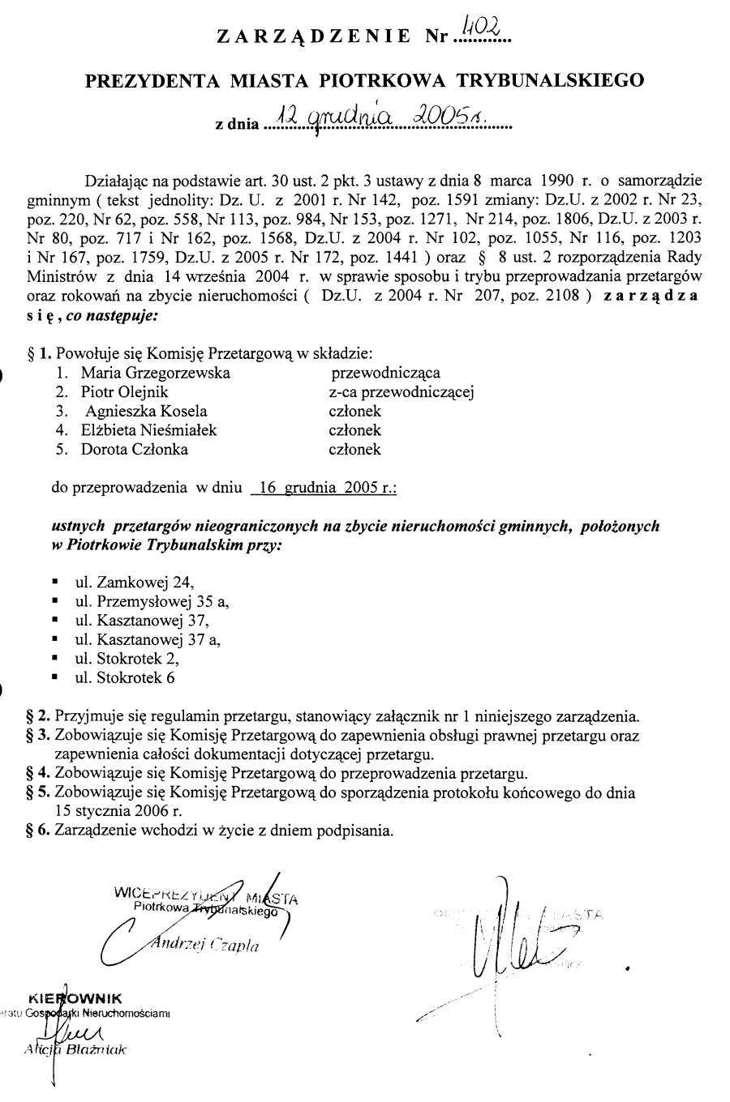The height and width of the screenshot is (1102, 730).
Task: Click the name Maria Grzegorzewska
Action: [155, 373]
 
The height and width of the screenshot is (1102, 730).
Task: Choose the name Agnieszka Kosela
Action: [144, 411]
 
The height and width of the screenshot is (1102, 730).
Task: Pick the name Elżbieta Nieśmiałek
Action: [148, 430]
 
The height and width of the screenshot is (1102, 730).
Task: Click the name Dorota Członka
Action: [134, 449]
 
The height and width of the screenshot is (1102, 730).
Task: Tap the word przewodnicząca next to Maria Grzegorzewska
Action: [385, 373]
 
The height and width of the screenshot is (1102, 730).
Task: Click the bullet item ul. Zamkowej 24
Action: [135, 581]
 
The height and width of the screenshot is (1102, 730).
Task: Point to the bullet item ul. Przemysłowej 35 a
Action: [152, 600]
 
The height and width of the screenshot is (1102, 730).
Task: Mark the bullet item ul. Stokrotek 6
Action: [125, 677]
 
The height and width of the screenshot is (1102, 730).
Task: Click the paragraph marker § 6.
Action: [39, 831]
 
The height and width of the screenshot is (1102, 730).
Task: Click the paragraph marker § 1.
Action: [39, 353]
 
